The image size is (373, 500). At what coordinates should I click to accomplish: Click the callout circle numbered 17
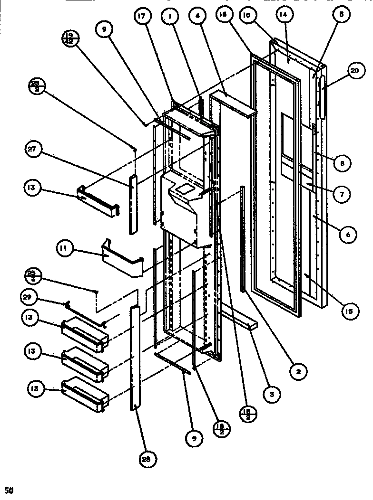tap(144, 16)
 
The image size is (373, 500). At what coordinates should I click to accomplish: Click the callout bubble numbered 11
tap(62, 247)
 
